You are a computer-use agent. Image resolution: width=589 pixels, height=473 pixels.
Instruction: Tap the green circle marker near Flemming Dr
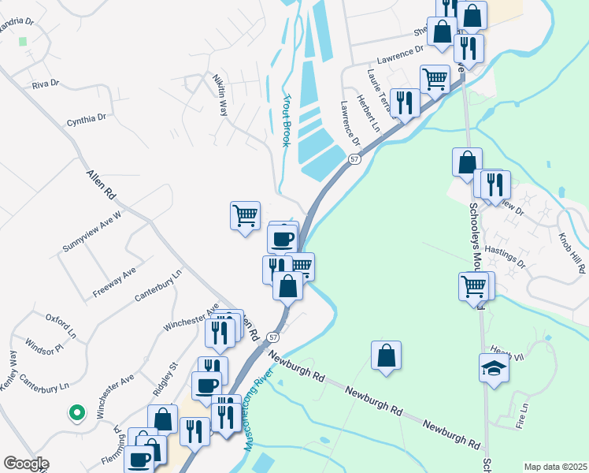click(x=76, y=412)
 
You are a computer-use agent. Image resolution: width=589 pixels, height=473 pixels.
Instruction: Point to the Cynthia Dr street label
click(x=86, y=120)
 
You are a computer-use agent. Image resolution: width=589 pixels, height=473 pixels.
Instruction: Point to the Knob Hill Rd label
click(x=572, y=253)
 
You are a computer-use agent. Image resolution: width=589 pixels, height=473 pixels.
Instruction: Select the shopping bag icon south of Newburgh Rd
click(x=386, y=356)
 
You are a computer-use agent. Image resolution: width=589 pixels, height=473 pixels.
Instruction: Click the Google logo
click(x=26, y=464)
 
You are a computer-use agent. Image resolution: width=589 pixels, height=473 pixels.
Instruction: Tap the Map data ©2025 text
click(x=554, y=467)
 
